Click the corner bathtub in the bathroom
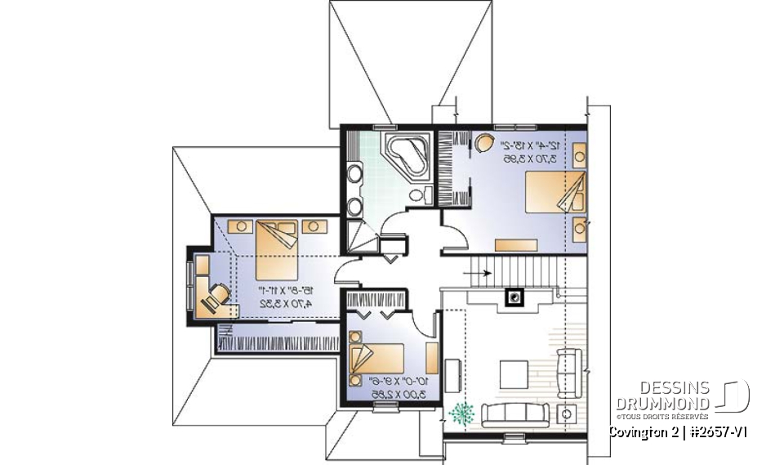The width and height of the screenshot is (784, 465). pos(406,155)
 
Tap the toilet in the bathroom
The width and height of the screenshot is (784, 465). pos(418,194)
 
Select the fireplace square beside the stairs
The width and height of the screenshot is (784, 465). pos(514,297)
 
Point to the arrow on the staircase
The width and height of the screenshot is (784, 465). pos(482,273)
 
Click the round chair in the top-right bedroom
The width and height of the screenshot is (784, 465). pos(483,144)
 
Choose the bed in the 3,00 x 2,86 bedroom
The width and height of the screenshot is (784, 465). pos(377,359)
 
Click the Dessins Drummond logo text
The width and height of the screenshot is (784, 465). pos(662,396)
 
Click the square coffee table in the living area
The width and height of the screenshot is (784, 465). pos(514,374)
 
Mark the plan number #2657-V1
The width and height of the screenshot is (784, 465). pos(718,431)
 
